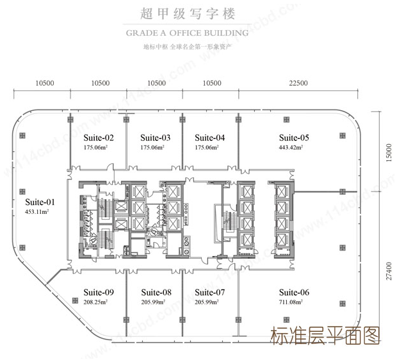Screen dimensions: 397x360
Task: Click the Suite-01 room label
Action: (x=40, y=202)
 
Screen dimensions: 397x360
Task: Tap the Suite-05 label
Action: (x=294, y=138)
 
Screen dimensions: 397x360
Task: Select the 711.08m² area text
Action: (x=291, y=302)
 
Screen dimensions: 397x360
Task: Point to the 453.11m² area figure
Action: (x=37, y=212)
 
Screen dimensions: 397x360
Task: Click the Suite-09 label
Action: (x=99, y=292)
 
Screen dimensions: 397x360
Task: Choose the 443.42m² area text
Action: (x=291, y=147)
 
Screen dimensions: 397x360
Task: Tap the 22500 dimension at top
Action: (x=298, y=83)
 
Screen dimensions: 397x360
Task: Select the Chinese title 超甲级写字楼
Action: (x=188, y=13)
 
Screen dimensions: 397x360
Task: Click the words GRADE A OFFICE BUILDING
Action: (x=187, y=33)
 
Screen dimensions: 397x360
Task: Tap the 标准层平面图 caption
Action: (x=325, y=336)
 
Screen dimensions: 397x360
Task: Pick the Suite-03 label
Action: (x=156, y=138)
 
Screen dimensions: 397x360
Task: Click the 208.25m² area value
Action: (x=95, y=302)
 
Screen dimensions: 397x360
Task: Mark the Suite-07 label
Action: (x=209, y=292)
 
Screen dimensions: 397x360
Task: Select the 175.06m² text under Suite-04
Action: (x=207, y=147)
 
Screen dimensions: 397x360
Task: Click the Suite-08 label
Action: (x=156, y=292)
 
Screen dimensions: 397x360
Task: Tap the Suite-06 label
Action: (x=294, y=292)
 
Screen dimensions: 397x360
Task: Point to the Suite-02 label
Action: (x=99, y=138)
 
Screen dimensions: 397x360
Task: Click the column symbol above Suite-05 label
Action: (x=286, y=120)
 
